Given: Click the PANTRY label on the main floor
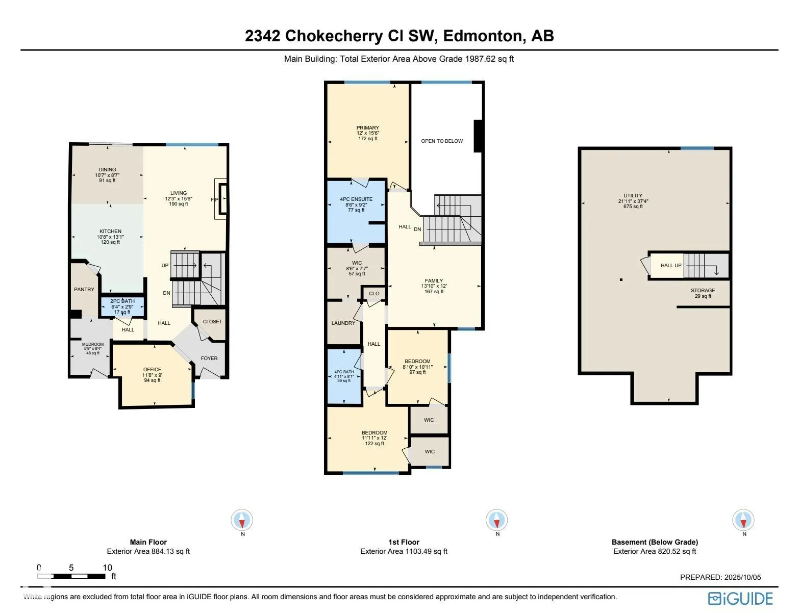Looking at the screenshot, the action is click(84, 290).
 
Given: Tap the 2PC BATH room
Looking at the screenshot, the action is click(122, 306).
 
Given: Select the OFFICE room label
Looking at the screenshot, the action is click(152, 370).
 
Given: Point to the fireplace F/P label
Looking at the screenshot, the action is click(214, 199).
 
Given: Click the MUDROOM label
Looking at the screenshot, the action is click(93, 344).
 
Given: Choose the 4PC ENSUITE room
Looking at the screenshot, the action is click(356, 211).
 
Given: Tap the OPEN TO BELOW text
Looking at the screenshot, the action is click(442, 141).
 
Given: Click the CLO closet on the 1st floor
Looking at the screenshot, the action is click(374, 293).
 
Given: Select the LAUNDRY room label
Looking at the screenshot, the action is click(343, 323).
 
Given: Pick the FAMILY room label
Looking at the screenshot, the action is click(434, 280).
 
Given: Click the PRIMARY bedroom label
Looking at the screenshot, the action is click(368, 128).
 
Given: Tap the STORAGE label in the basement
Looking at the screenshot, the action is click(703, 290).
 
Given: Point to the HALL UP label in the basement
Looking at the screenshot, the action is click(671, 265).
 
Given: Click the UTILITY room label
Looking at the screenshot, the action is click(633, 195).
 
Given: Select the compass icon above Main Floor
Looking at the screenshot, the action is click(242, 520).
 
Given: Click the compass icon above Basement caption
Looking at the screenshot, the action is click(743, 520).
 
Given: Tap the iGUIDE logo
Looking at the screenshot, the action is click(740, 598).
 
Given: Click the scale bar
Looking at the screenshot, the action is click(71, 576).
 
